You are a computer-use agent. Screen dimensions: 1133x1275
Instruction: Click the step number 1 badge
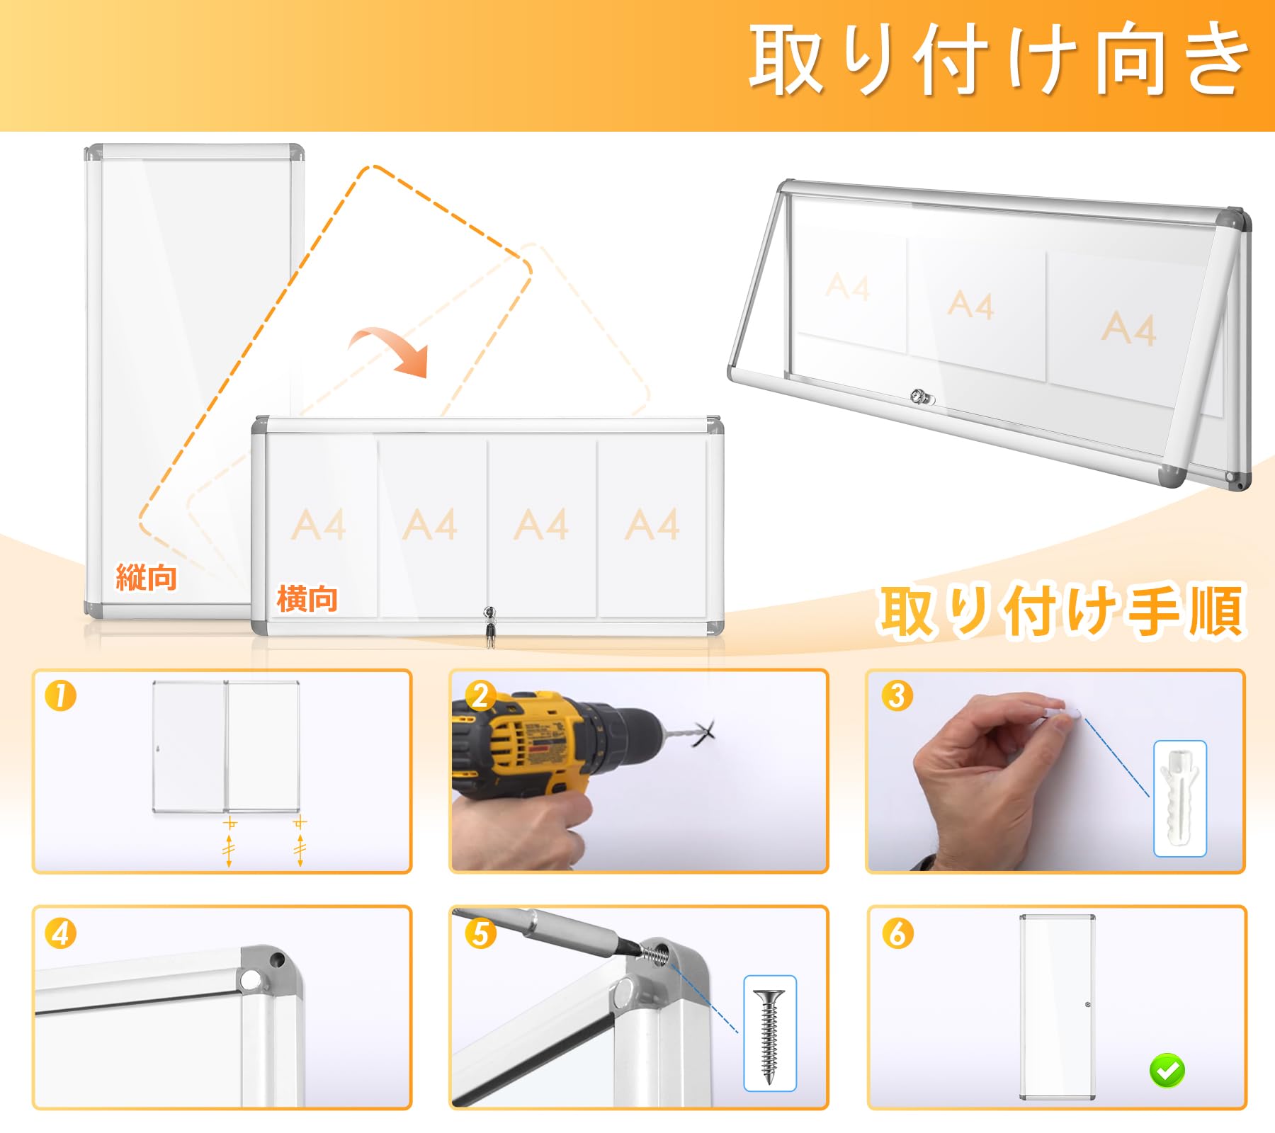[x=60, y=695]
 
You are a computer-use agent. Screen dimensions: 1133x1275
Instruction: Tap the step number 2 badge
[x=480, y=695]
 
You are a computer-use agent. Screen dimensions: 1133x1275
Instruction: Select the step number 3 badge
[x=897, y=695]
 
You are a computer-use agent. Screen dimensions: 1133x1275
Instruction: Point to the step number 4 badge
[x=60, y=933]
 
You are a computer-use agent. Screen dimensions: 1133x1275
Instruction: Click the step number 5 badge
[x=480, y=933]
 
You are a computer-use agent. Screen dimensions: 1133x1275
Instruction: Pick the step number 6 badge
[x=897, y=933]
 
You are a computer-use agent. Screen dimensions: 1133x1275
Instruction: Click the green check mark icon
[x=1167, y=1070]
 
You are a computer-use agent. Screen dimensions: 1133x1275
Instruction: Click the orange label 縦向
[x=146, y=577]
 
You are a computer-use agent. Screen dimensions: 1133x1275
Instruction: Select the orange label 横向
[x=307, y=599]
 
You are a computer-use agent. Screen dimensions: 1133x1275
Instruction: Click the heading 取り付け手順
[x=1060, y=610]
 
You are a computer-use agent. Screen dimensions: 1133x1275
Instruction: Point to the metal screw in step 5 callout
[x=769, y=1035]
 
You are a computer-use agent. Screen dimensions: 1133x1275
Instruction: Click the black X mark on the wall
[x=703, y=733]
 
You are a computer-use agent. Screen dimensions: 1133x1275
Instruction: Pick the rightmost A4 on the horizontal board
[x=652, y=525]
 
